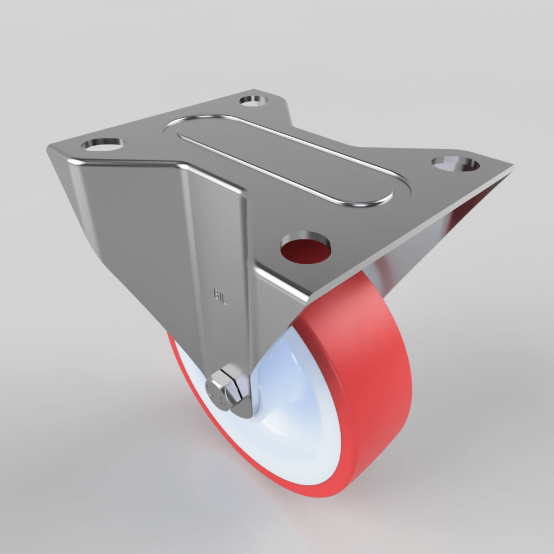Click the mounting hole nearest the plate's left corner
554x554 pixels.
coord(102,144)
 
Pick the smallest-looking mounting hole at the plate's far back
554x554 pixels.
coord(254,101)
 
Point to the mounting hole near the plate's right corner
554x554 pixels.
coord(455,164)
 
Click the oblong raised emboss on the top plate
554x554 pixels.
coord(285,160)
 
